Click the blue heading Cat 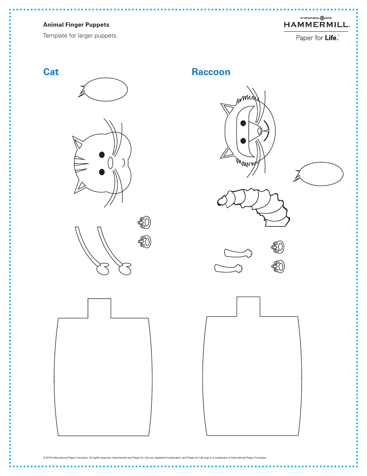(51, 72)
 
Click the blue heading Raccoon (211, 72)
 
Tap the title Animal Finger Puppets (76, 25)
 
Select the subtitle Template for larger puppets (80, 36)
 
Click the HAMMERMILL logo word (316, 25)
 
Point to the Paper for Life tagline (317, 38)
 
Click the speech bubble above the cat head (106, 90)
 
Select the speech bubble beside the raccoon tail (321, 173)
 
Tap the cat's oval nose (110, 163)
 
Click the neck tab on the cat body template (99, 308)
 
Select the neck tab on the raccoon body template (248, 306)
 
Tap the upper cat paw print (144, 222)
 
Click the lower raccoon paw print (278, 266)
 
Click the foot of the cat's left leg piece (102, 269)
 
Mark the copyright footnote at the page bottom (155, 457)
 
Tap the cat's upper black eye (102, 154)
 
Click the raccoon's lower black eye (243, 140)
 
